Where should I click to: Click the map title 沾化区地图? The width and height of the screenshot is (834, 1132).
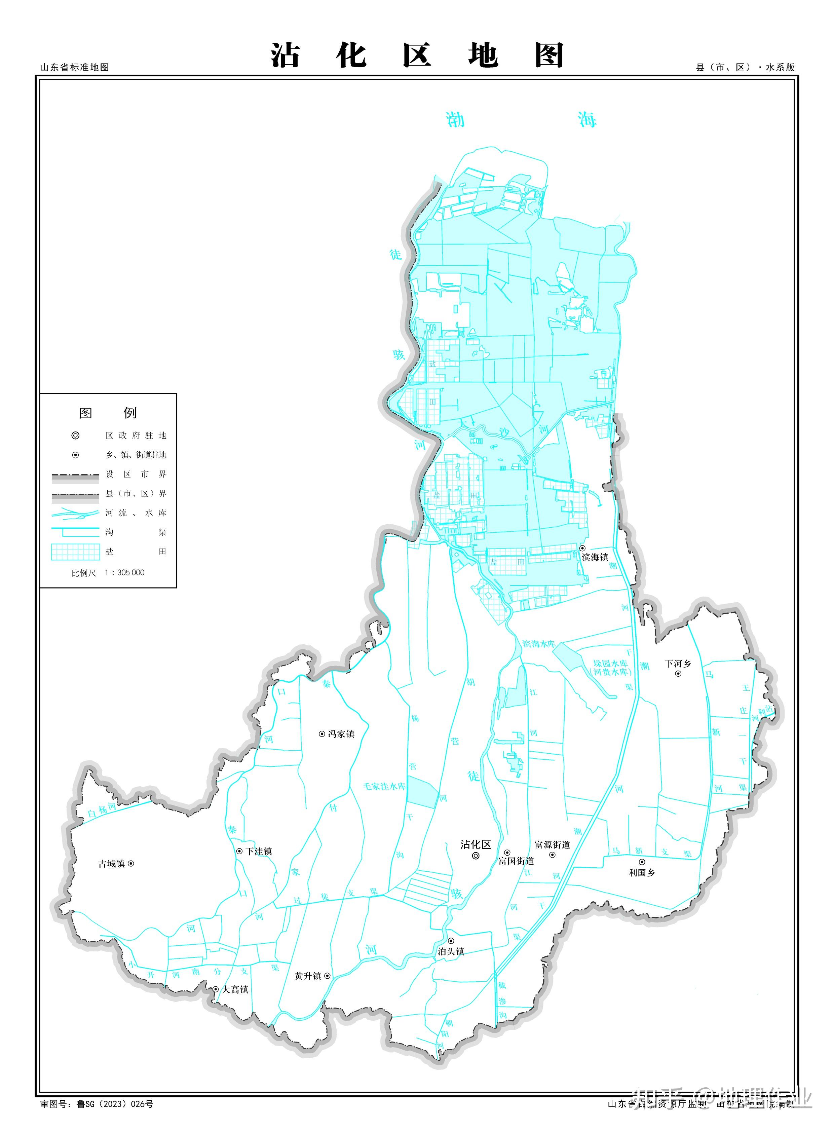(x=417, y=55)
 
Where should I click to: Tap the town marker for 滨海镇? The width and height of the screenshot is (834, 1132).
(x=582, y=548)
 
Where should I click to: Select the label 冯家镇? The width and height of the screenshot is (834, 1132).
(x=341, y=734)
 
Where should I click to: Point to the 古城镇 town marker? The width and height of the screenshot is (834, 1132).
(x=131, y=864)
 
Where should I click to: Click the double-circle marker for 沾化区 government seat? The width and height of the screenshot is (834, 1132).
(x=476, y=856)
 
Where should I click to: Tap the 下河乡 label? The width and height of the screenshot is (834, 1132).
(x=678, y=664)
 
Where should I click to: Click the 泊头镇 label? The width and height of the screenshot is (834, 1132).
(x=451, y=951)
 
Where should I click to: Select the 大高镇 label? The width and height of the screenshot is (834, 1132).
(x=236, y=990)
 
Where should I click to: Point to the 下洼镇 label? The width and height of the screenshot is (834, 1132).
(x=259, y=851)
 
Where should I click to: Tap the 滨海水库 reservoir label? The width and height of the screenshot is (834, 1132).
(x=539, y=644)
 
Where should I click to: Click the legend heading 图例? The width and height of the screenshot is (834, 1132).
(x=108, y=413)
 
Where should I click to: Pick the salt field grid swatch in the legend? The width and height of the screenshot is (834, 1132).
(x=75, y=551)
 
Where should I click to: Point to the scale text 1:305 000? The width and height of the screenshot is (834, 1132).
(x=124, y=573)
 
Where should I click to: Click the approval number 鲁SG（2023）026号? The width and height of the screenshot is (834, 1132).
(x=115, y=1104)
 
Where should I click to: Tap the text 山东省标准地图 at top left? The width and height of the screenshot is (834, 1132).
(x=75, y=67)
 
